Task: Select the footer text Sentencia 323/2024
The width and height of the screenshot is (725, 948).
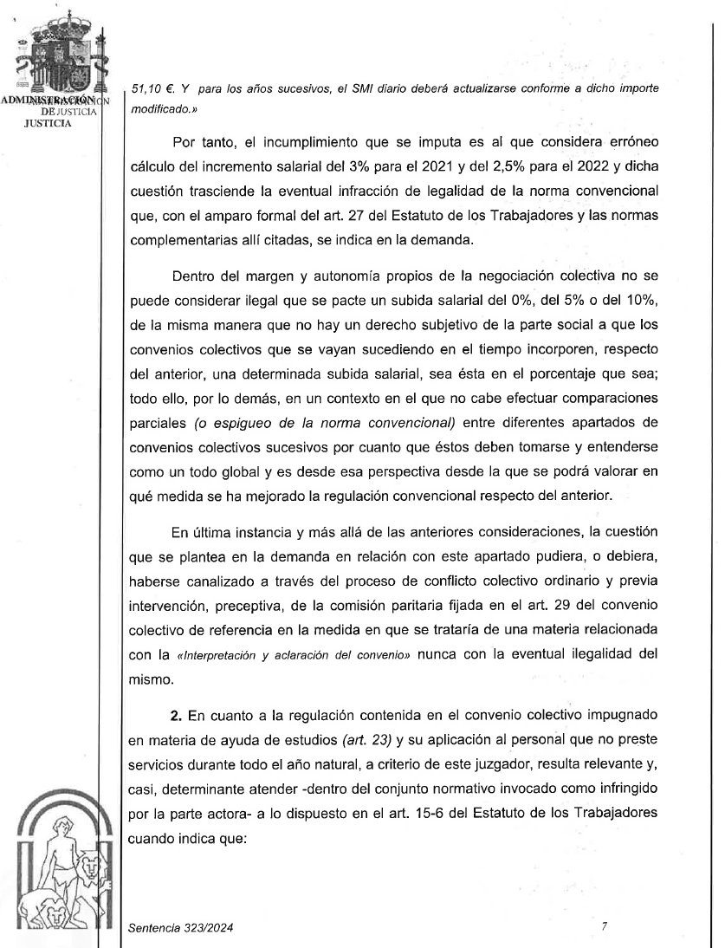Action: point(180,928)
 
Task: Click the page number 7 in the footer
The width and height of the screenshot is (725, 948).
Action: point(604,926)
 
